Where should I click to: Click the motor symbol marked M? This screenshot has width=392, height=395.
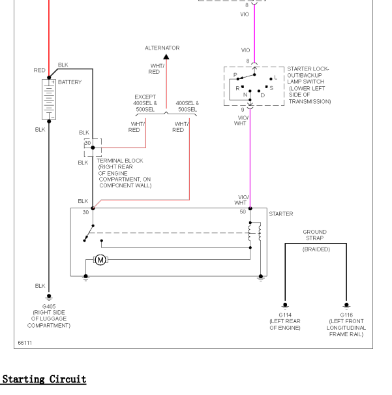tap(100, 259)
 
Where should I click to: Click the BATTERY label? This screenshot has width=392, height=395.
tap(70, 82)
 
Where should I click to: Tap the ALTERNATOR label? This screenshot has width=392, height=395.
tap(162, 48)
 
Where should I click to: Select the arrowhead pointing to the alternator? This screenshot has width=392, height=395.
tap(166, 57)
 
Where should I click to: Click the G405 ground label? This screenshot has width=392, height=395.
tap(49, 307)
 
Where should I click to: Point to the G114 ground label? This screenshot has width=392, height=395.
tap(285, 315)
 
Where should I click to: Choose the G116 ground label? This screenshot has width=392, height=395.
tap(346, 315)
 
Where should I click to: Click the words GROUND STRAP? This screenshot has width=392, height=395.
tap(315, 235)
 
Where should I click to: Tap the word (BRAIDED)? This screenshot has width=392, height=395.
tap(316, 249)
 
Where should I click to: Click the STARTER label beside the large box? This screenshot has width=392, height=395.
tap(281, 214)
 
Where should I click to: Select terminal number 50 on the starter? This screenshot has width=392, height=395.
tap(243, 212)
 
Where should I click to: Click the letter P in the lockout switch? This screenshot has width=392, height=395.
tap(235, 75)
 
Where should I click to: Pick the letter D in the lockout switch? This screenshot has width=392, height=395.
tap(263, 95)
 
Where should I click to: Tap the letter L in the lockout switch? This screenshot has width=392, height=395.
tap(276, 78)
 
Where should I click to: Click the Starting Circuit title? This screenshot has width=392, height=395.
tap(44, 379)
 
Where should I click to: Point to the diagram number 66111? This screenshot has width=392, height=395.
tap(25, 343)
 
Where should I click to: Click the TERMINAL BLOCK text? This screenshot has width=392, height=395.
tap(120, 161)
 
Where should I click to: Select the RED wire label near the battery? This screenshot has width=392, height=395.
tap(40, 71)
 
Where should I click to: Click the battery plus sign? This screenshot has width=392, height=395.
tap(53, 82)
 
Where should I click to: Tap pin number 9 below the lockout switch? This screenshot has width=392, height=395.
tap(243, 110)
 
